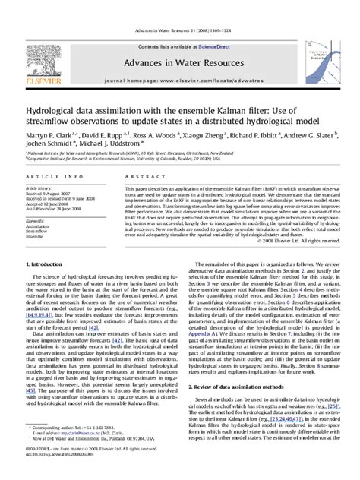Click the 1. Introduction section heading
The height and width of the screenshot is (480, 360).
pyautogui.click(x=49, y=264)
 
